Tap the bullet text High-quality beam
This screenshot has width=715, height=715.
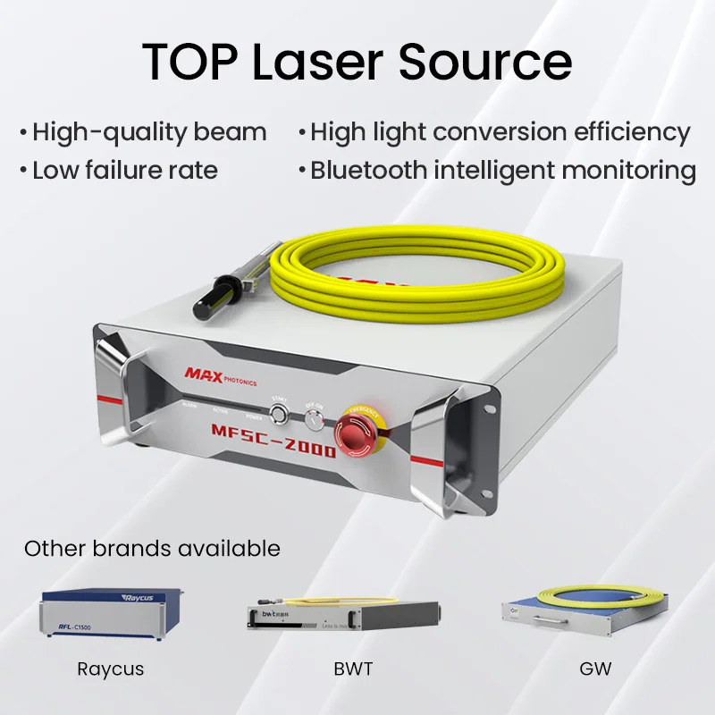coord(148,133)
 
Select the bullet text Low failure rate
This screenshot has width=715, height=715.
coord(124,170)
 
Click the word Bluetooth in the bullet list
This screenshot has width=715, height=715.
coord(368,170)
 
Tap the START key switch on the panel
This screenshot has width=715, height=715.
coord(280,414)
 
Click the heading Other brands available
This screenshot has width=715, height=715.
coord(152,548)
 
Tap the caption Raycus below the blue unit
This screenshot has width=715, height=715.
coord(110,669)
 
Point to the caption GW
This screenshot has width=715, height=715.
coord(595,669)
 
